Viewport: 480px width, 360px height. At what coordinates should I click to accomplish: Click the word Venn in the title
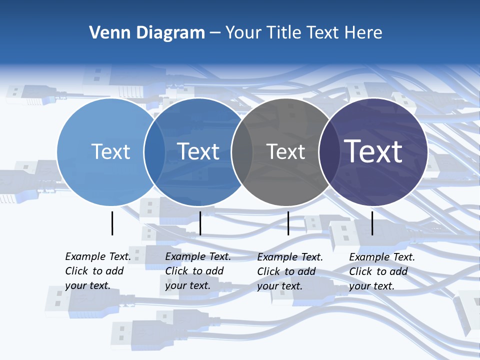click(106, 33)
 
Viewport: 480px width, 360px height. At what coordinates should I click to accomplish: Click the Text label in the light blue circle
click(110, 151)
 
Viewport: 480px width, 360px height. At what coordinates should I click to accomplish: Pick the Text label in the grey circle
click(285, 151)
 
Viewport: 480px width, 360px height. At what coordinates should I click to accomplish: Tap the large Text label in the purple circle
click(373, 151)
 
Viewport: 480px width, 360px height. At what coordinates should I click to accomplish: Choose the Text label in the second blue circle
click(198, 151)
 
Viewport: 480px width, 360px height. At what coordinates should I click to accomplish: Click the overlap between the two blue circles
click(154, 151)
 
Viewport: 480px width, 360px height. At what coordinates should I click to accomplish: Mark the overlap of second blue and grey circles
click(242, 151)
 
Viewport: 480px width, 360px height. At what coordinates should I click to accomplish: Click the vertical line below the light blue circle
click(112, 223)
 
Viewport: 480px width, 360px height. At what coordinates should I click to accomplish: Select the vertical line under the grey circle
click(288, 223)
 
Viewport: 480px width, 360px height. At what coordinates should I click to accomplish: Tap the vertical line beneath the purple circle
click(372, 223)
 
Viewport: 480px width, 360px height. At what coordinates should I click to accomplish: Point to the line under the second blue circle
click(200, 223)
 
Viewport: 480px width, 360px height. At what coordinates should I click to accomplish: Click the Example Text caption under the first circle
click(97, 271)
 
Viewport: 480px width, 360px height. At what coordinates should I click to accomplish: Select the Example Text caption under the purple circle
click(381, 271)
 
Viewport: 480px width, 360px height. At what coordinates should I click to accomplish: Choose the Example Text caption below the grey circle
click(289, 271)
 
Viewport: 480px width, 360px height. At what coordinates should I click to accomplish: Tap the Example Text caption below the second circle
click(197, 271)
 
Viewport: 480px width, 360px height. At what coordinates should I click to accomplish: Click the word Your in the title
click(243, 33)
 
